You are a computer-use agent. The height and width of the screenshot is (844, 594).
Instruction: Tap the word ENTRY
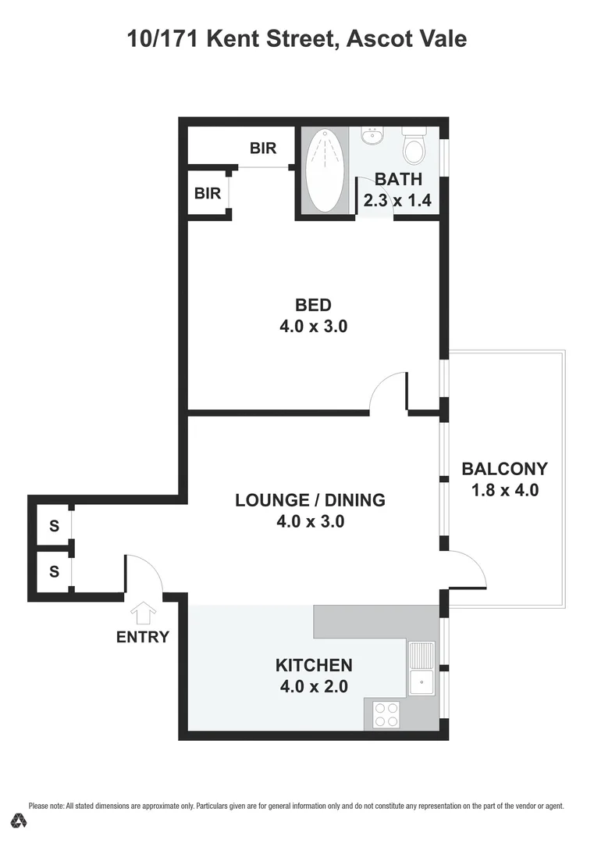click(143, 637)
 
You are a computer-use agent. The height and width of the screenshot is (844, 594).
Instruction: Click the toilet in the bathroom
click(413, 146)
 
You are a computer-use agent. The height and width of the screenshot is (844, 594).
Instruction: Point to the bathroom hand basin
click(372, 137)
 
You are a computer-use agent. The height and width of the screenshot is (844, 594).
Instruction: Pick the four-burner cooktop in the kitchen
click(385, 713)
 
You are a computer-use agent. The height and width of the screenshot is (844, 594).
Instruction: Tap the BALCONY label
click(505, 470)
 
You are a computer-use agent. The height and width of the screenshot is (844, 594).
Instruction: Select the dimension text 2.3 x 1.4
click(397, 201)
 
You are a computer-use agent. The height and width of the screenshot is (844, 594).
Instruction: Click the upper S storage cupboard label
click(54, 526)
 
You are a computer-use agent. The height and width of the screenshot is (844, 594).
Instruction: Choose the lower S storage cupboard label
click(54, 571)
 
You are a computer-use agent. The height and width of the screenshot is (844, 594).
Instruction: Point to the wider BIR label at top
click(263, 148)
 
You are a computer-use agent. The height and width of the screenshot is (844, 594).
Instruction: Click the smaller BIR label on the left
click(208, 192)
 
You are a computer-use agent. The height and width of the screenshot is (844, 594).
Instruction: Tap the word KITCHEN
click(314, 666)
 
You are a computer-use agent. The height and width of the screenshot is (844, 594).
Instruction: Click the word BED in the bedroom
click(313, 305)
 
